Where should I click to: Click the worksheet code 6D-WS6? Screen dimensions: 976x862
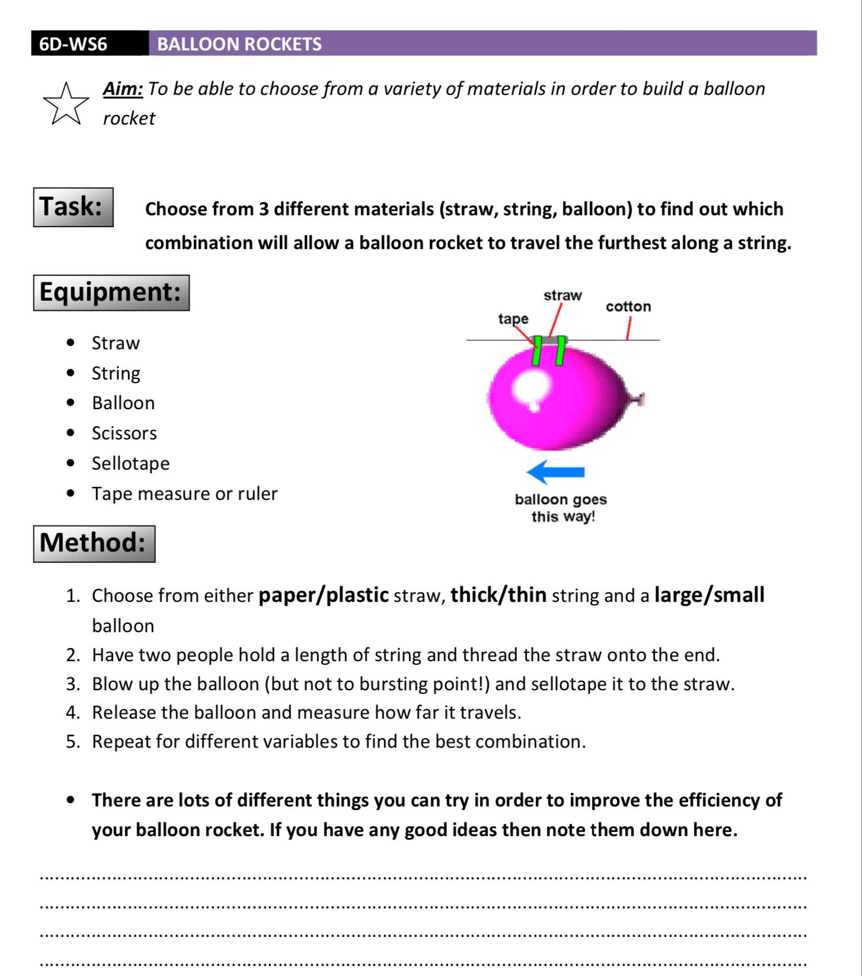coord(73,44)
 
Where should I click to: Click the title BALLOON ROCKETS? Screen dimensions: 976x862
coord(239,44)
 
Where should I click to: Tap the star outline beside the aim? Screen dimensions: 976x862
coord(66,104)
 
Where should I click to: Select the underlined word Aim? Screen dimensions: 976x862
coord(123,88)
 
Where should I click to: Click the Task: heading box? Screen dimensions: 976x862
coord(73,207)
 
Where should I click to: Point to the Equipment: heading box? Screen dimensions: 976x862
coord(111,292)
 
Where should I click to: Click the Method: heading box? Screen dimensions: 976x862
coord(94,543)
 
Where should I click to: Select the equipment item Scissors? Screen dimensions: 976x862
coord(124,433)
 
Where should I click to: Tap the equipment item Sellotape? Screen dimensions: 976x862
coord(130,463)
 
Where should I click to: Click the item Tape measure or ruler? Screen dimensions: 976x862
coord(184,493)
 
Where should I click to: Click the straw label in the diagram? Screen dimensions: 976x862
coord(563,295)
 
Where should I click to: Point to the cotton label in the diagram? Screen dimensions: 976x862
coord(628,307)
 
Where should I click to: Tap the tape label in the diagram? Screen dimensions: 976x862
coord(513,318)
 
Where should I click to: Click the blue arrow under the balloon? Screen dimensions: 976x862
coord(555,472)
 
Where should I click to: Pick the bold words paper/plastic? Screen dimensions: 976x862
coord(324,595)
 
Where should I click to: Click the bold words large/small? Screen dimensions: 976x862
coord(709,595)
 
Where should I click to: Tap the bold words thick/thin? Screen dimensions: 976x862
coord(498,595)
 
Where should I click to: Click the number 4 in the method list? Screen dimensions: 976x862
coord(72,713)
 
